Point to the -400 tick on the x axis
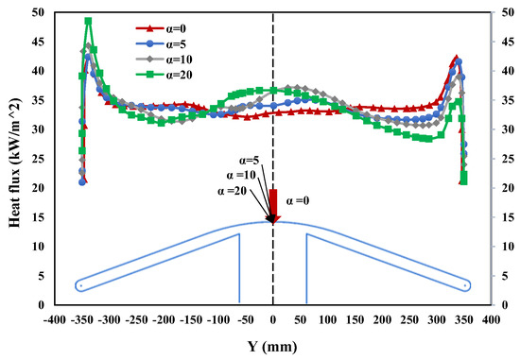pos(55,321)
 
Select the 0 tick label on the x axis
pos(273,321)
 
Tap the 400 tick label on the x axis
pos(490,321)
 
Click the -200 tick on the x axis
pos(164,321)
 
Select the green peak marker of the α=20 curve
pos(88,21)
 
